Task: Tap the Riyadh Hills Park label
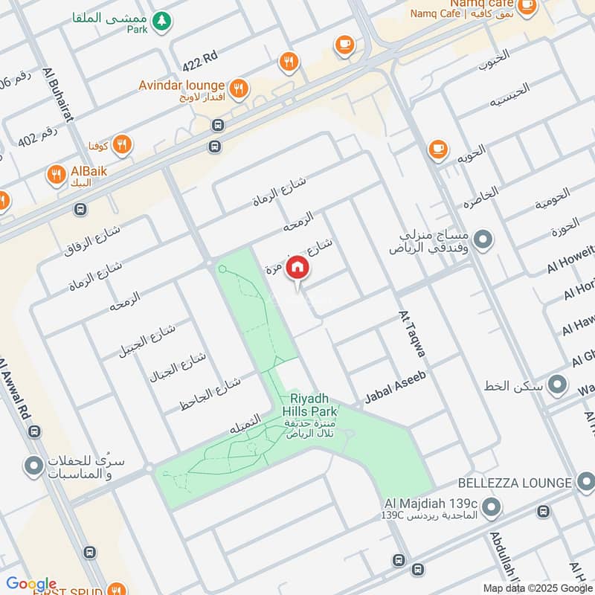click(x=309, y=405)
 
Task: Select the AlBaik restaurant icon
click(x=57, y=176)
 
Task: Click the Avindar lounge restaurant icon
click(x=238, y=89)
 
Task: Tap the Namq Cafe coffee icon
click(x=527, y=6)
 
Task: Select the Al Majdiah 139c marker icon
click(x=490, y=508)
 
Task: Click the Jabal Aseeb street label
click(x=395, y=388)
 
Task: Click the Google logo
click(x=31, y=584)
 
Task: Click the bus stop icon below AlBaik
click(x=80, y=210)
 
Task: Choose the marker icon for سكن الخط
click(x=556, y=385)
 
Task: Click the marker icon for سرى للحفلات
click(x=33, y=467)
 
